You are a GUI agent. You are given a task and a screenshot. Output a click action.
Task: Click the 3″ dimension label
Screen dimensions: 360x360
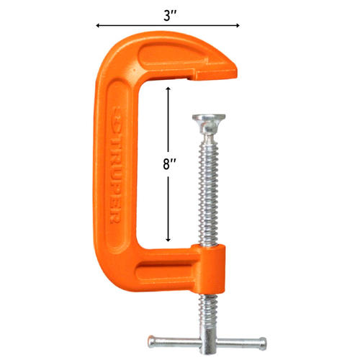[170, 16]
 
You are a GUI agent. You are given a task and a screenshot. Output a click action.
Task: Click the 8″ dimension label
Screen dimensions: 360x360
[169, 164]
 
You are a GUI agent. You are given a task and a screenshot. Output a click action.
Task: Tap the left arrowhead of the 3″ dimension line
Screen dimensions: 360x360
[97, 25]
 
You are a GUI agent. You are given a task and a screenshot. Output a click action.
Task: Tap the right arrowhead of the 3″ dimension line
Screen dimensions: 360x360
[238, 25]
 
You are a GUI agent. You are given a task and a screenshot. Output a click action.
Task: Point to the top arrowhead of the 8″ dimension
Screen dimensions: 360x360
[168, 89]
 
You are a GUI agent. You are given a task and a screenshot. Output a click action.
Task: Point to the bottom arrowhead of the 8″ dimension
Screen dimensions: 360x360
[168, 240]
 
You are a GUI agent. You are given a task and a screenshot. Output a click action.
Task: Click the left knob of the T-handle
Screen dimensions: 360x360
[152, 342]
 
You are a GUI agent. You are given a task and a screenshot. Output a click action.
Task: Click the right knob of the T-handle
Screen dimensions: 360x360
[263, 343]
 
